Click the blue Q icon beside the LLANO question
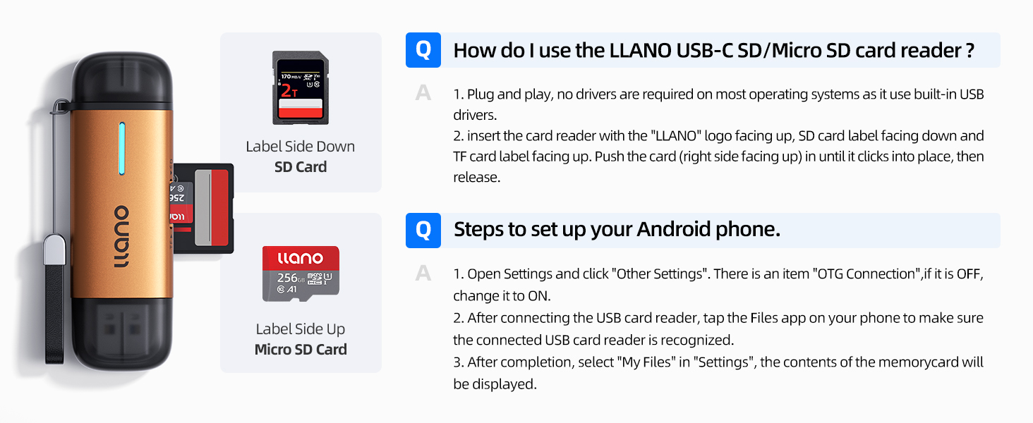tap(423, 50)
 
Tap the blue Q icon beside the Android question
tap(423, 231)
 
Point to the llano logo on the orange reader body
tap(121, 237)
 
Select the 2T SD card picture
tap(301, 88)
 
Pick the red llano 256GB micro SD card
tap(301, 274)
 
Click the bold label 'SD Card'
tap(301, 167)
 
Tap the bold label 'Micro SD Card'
tap(301, 350)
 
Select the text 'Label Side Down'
tap(301, 147)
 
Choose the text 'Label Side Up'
tap(301, 329)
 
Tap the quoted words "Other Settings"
tap(660, 274)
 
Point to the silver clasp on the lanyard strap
tap(54, 252)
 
